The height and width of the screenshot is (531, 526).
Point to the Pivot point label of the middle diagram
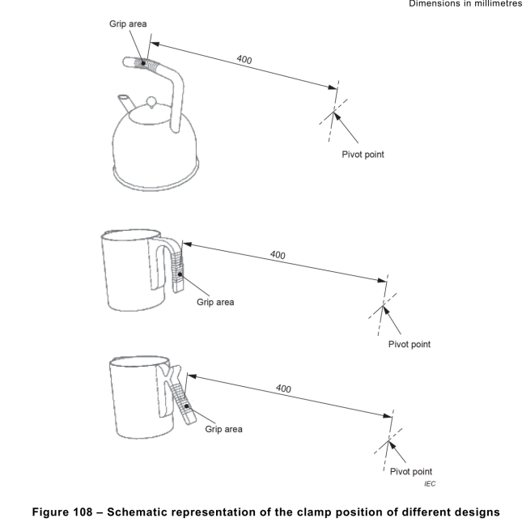click(x=409, y=343)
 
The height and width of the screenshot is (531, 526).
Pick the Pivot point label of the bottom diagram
click(x=409, y=471)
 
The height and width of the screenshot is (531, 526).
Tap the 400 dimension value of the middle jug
click(x=278, y=255)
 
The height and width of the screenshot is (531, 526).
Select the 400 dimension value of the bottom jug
click(x=283, y=389)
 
